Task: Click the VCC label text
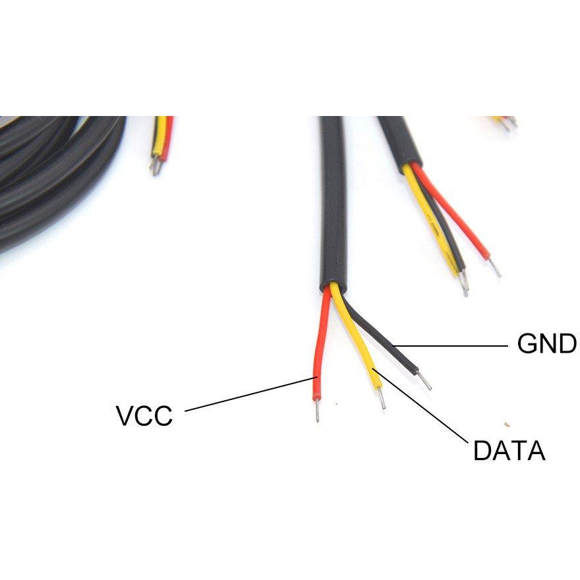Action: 144,415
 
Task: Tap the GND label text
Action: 546,343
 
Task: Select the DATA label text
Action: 509,450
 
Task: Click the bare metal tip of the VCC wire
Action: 317,411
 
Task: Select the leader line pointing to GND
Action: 450,346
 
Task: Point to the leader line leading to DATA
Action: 420,405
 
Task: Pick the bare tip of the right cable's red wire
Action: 494,267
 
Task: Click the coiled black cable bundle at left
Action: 55,177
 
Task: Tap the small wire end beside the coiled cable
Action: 161,145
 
